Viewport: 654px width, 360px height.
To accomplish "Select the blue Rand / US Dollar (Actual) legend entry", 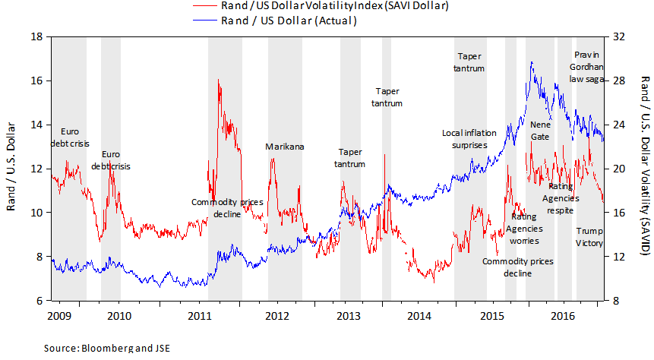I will [x=288, y=21].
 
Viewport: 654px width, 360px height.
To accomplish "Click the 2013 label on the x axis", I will [x=349, y=314].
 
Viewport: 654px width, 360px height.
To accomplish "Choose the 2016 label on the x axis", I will [x=563, y=314].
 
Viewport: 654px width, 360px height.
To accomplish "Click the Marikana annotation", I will [x=284, y=147].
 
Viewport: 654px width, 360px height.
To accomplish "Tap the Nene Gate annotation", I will [x=540, y=130].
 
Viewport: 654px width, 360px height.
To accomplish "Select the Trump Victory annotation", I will [x=589, y=237].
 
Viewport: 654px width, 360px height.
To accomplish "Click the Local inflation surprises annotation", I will [x=469, y=138].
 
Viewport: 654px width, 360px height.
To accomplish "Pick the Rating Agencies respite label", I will [x=561, y=197].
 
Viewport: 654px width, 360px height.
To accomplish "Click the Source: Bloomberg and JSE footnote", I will [x=106, y=349].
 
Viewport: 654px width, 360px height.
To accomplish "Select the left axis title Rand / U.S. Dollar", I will [x=11, y=168].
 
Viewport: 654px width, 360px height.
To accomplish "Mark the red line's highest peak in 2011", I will [x=218, y=79].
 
